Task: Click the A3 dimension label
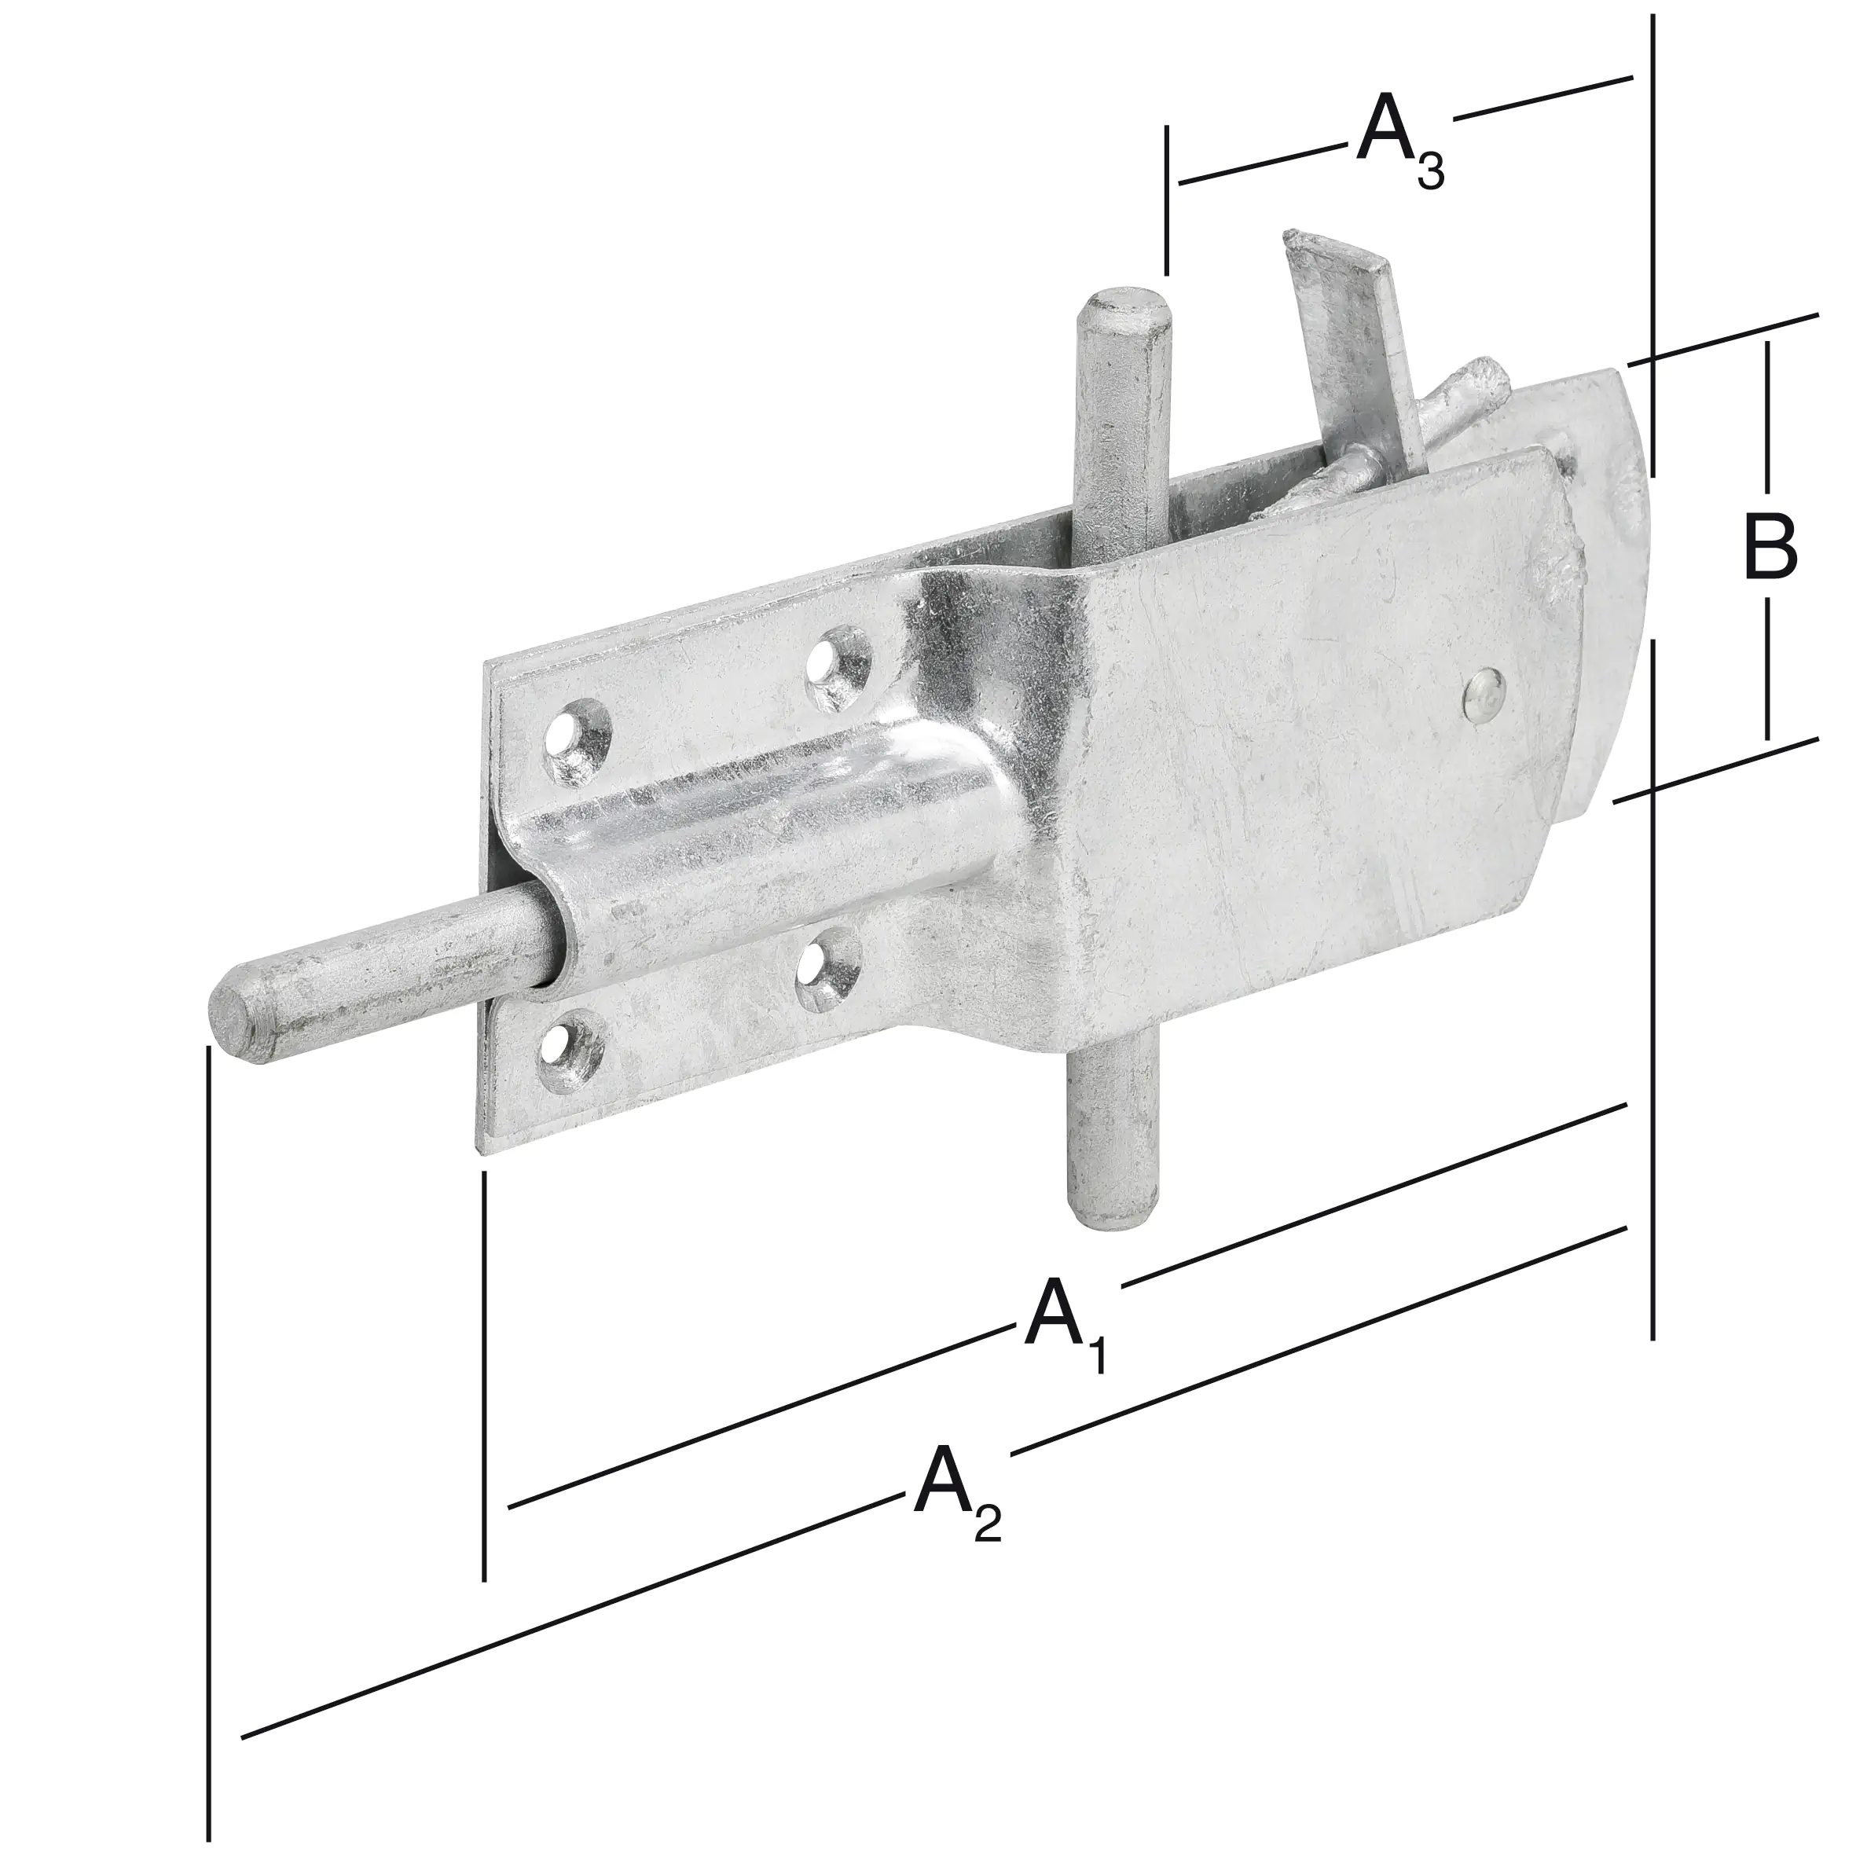point(1399,144)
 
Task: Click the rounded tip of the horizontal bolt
point(236,1024)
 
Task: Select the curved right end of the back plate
point(1623,500)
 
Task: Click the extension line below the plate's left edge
point(484,1374)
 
